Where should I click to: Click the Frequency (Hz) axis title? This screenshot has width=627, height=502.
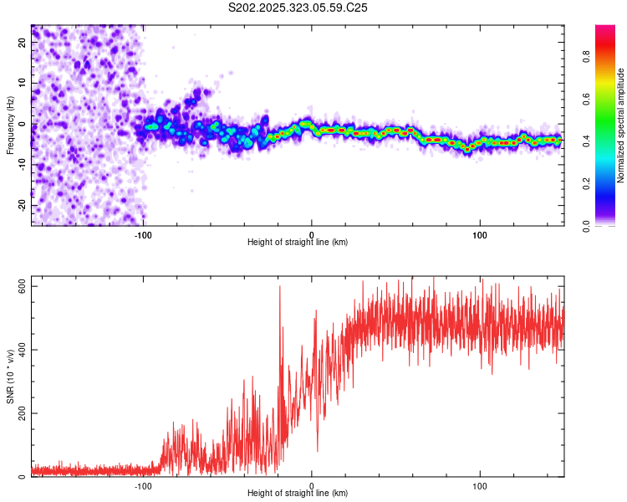(10, 125)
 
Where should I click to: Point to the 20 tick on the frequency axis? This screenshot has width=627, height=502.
(23, 44)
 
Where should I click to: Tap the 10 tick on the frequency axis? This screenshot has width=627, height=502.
(23, 84)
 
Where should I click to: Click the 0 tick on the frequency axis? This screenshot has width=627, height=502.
(23, 125)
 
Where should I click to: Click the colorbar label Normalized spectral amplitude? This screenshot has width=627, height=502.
(621, 125)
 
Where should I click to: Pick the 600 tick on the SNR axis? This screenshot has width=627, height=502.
(18, 286)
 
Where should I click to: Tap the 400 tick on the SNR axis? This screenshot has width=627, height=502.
(18, 350)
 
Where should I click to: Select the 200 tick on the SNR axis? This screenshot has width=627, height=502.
(18, 413)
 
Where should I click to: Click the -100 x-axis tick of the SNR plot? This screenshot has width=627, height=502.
(143, 485)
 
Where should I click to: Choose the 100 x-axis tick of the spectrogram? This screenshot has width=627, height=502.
(480, 234)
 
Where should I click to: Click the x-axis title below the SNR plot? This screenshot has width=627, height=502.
(298, 494)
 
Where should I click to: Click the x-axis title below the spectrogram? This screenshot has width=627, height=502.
(298, 242)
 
